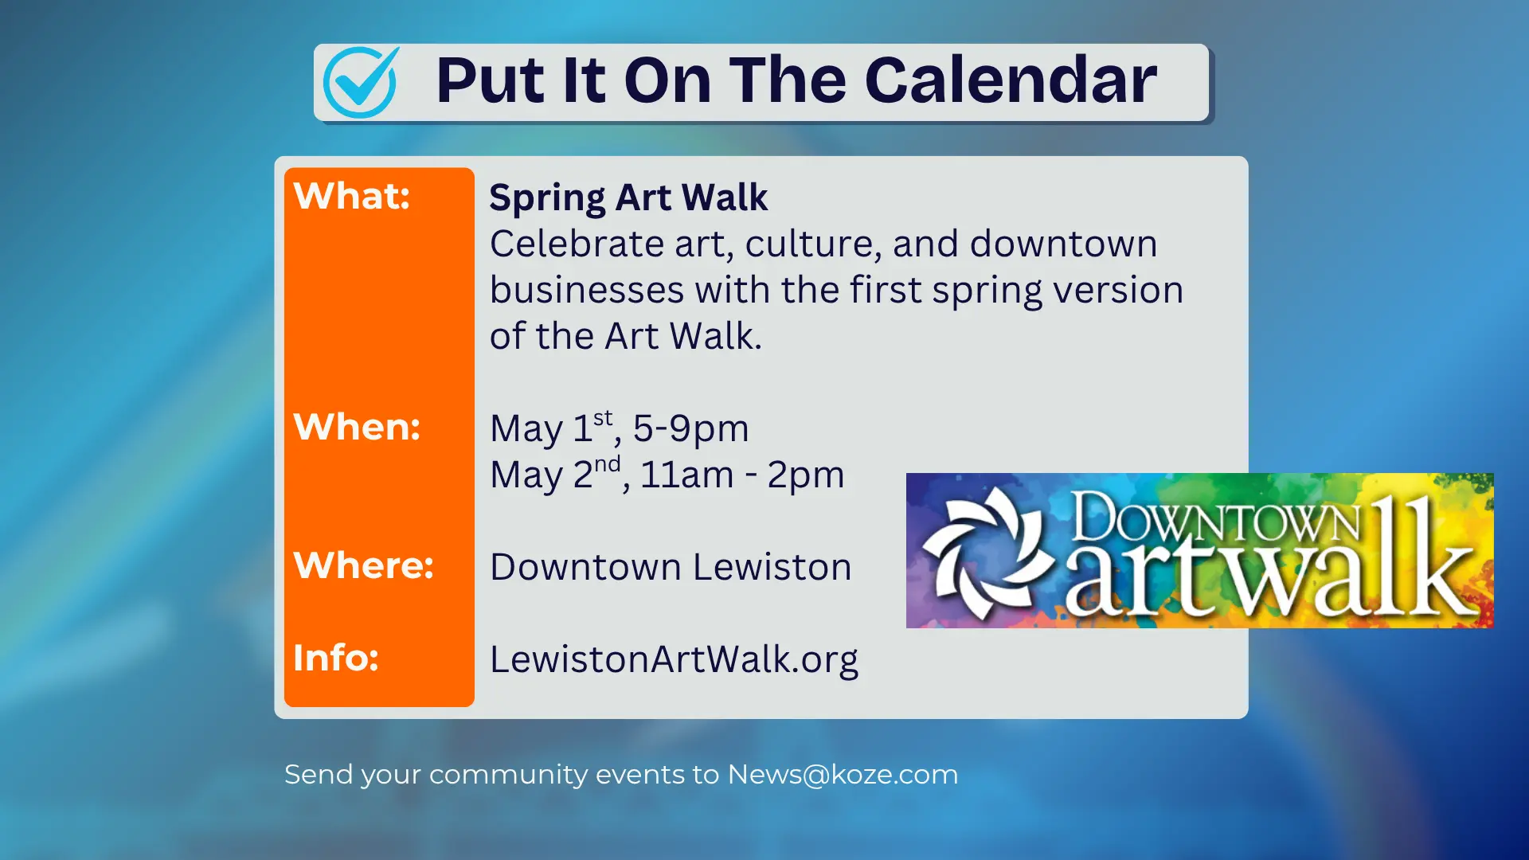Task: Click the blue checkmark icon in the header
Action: point(360,82)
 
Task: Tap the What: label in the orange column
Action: point(351,196)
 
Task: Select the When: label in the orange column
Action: point(356,427)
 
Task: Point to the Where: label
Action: point(363,565)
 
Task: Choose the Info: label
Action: point(335,658)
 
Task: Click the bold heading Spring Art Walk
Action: point(628,197)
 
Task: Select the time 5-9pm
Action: point(690,428)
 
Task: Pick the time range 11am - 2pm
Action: point(741,475)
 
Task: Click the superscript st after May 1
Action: point(603,418)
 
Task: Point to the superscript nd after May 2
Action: point(607,464)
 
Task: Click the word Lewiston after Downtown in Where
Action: point(772,567)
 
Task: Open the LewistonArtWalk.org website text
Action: point(673,659)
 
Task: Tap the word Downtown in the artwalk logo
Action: point(1214,518)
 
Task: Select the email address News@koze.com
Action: point(843,774)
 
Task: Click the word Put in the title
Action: point(490,81)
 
